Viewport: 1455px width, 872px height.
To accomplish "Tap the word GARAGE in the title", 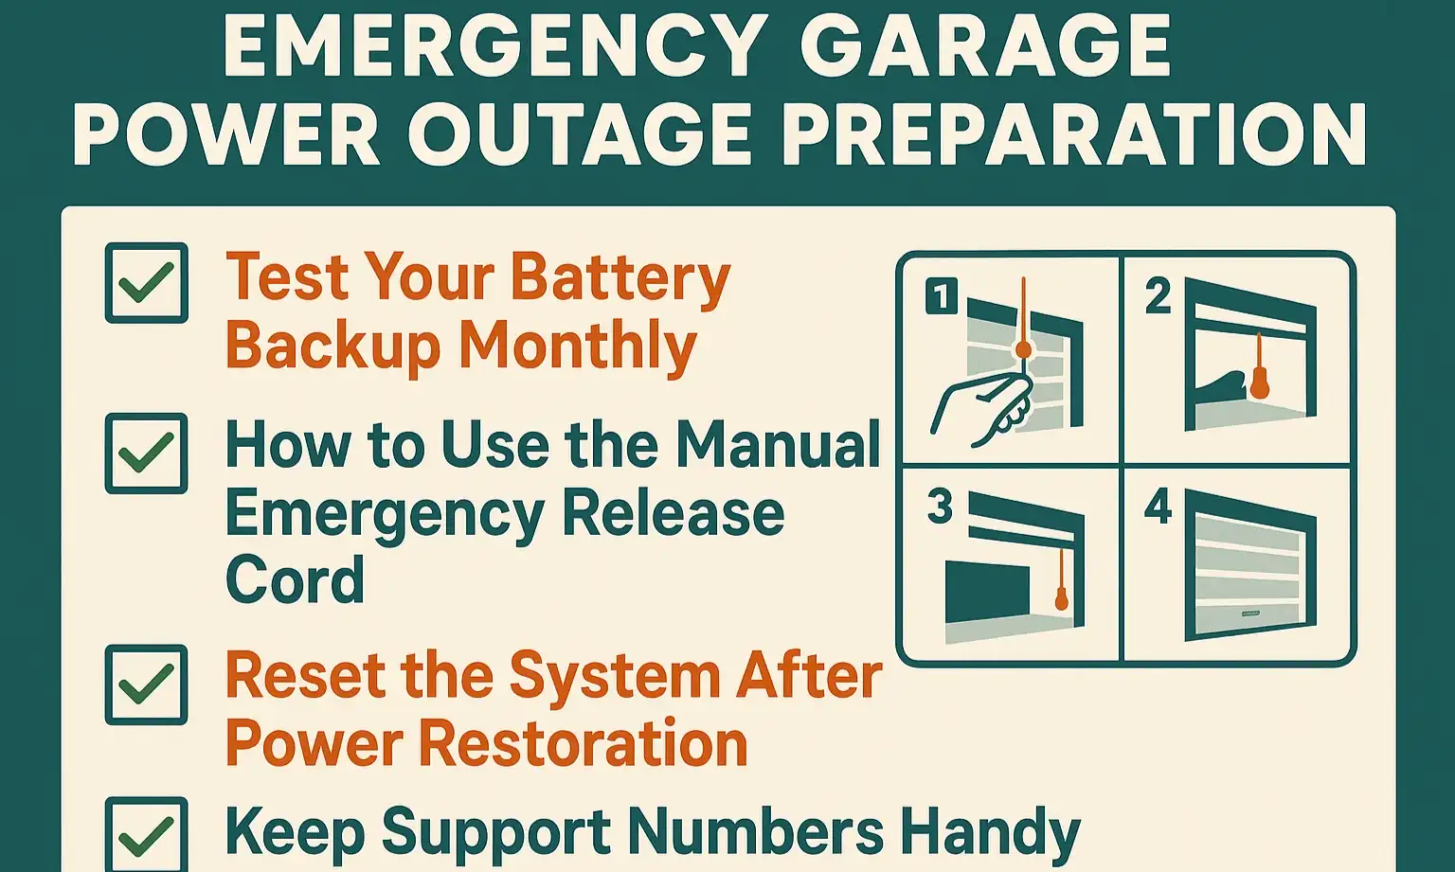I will [985, 47].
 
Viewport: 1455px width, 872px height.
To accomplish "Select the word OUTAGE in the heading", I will [580, 135].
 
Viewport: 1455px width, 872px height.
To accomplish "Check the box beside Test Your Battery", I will [146, 282].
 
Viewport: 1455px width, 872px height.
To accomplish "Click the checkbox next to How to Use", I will [146, 453].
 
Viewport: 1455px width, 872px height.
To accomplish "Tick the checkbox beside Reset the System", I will [146, 685].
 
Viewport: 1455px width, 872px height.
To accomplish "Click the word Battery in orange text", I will [620, 279].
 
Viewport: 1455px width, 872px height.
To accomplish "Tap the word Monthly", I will [578, 347].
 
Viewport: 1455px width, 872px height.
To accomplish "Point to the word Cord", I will [295, 579].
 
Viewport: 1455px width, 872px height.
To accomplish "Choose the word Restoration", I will [583, 743].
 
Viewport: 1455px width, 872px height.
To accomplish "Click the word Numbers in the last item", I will [755, 832].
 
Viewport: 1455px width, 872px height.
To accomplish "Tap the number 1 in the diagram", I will [941, 297].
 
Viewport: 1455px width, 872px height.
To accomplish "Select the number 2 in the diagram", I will [1158, 297].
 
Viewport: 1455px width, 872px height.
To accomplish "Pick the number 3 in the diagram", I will [940, 507].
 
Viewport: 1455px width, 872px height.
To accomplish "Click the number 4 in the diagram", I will [1158, 507].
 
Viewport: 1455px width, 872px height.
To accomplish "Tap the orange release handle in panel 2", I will [1259, 379].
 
